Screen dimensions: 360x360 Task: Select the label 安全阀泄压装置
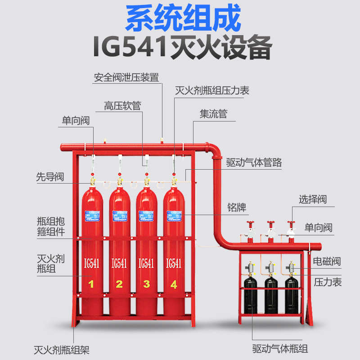[126, 77]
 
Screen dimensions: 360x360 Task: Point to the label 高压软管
[123, 106]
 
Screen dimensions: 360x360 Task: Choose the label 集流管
[214, 114]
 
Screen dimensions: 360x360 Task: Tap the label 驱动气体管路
[254, 162]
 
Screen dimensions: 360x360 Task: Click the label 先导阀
[50, 177]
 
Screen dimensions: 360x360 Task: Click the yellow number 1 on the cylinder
[91, 283]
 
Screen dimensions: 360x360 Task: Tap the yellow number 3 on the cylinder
[146, 283]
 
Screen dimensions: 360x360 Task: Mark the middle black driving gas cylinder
[271, 295]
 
